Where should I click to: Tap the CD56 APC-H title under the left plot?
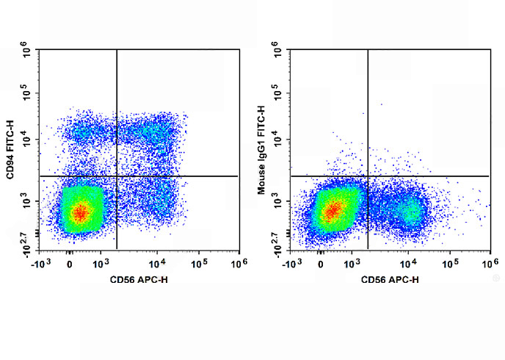pos(140,279)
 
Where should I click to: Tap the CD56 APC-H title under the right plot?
pos(390,279)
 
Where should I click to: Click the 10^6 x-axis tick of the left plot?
pos(236,262)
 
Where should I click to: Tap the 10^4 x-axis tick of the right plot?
pos(408,262)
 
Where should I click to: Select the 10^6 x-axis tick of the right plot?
pos(487,262)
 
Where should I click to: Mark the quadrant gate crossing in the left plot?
pos(117,176)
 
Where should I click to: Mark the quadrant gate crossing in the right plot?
pos(367,176)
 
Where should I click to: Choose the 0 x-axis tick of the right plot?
pos(321,262)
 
